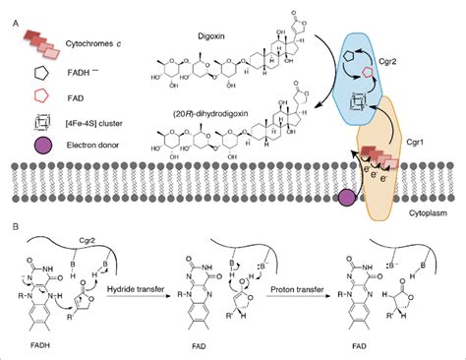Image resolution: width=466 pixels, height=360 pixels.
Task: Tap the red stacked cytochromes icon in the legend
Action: [37, 31]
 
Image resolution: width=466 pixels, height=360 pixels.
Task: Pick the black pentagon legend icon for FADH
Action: [35, 71]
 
